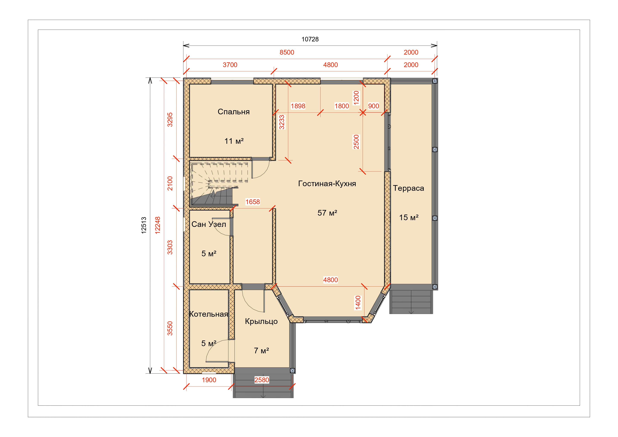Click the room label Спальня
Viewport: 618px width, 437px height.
coord(234,112)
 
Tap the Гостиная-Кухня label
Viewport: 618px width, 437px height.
coord(327,184)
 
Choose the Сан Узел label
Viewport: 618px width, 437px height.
coord(209,224)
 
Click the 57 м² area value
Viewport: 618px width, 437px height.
coord(327,213)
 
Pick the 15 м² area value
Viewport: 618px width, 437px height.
coord(409,218)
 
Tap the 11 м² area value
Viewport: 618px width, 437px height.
coord(234,141)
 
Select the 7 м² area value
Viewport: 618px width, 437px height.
coord(261,351)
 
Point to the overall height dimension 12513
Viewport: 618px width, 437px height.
coord(144,225)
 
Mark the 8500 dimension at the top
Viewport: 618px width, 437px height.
coord(287,52)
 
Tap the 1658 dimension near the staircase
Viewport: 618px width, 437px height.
coord(253,202)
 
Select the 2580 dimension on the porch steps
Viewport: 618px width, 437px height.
coord(262,380)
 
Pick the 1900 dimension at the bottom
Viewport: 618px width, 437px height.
coord(209,380)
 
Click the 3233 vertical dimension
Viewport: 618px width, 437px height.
coord(282,122)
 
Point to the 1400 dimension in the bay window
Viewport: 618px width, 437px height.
coord(358,303)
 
